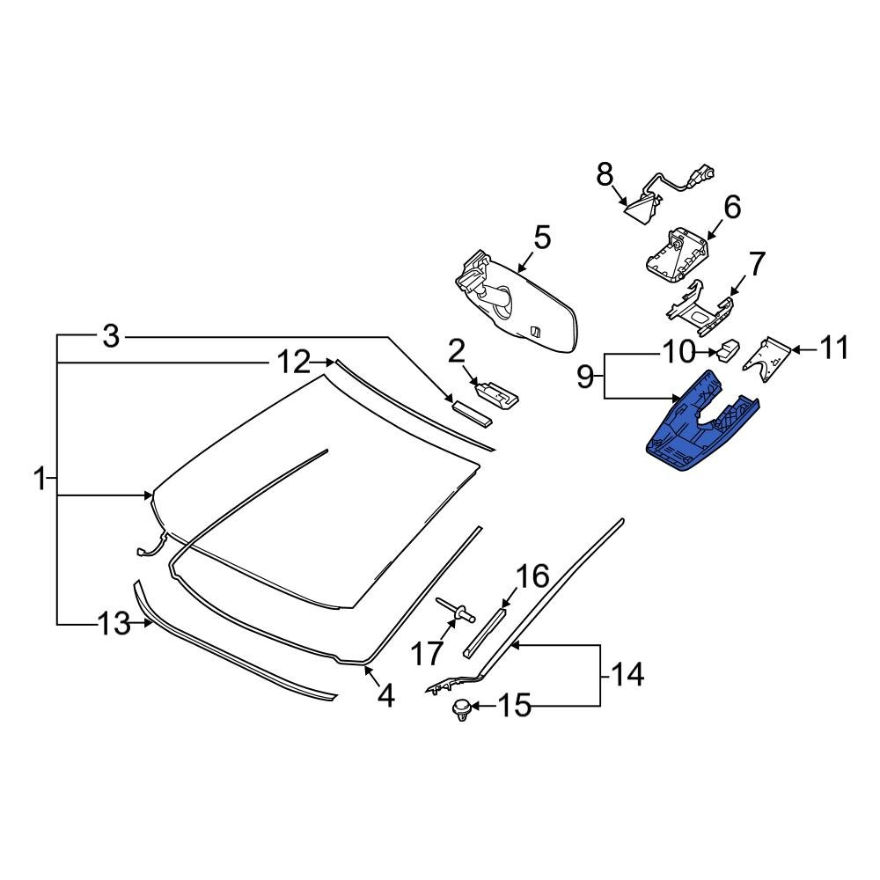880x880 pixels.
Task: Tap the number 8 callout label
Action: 605,176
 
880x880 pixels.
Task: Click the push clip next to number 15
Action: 460,708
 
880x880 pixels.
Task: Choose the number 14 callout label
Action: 628,676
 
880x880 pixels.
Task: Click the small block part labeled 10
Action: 727,349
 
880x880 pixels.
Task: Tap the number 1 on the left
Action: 39,480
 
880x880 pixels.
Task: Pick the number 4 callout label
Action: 385,696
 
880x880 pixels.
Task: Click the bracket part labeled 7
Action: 701,308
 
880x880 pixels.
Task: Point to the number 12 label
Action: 294,362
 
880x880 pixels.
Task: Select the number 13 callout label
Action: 113,625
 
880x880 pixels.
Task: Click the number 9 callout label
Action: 586,378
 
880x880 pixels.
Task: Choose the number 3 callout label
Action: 110,335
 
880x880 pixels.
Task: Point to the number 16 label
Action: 531,577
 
